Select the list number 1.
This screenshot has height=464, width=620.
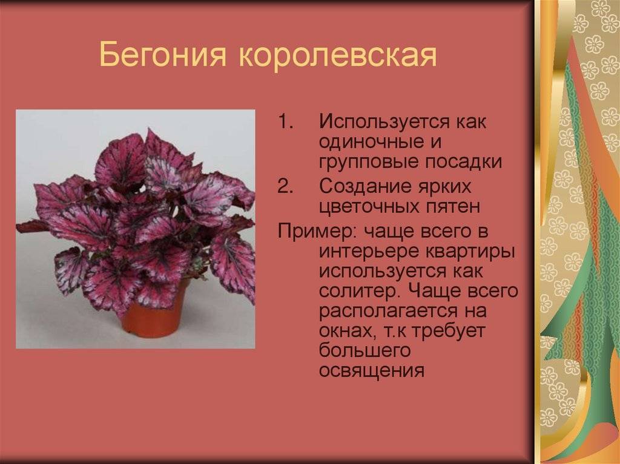point(286,122)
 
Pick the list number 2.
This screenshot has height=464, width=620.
point(286,186)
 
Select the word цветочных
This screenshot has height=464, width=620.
point(371,207)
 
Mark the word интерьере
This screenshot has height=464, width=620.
point(369,252)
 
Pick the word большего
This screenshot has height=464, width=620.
point(364,351)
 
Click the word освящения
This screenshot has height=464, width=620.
point(371,371)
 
